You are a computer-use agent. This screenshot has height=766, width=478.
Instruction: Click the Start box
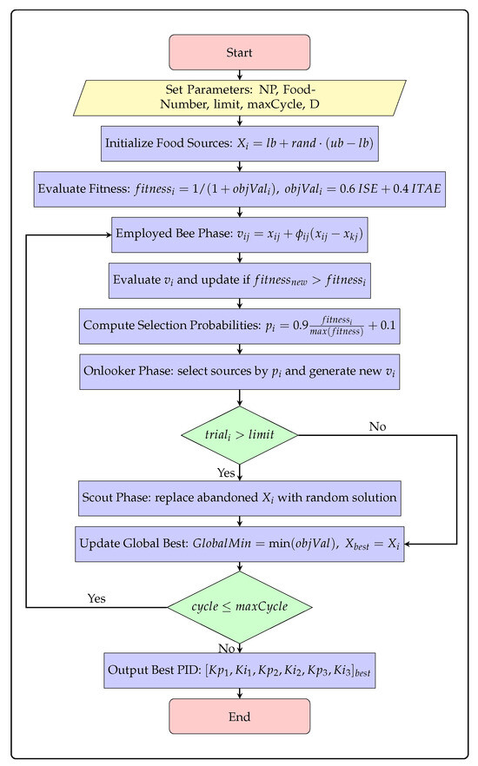point(240,52)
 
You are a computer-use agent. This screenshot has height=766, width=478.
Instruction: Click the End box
point(240,716)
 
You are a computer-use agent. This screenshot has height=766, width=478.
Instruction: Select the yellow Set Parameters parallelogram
point(240,97)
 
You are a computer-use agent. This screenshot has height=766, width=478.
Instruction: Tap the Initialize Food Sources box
point(240,143)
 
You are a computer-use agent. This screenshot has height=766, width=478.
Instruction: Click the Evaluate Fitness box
point(240,189)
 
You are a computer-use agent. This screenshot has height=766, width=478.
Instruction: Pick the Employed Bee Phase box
point(240,234)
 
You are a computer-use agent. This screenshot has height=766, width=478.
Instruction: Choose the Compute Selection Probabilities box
point(240,326)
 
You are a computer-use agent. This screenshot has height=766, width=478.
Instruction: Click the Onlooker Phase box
point(240,372)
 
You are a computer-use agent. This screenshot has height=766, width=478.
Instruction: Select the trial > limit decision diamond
point(240,435)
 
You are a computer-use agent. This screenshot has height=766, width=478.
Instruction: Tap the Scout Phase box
point(240,499)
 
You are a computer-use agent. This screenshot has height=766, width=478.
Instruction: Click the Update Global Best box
point(240,544)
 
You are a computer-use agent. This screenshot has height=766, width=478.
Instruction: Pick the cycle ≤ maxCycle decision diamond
point(240,607)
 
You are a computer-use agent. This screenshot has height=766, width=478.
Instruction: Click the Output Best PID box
point(240,670)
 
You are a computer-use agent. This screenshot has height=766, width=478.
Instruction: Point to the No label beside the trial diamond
point(377,426)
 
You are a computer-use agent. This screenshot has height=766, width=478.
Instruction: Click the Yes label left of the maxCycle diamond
point(96,598)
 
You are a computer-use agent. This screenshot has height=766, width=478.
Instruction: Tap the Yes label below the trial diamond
point(226,472)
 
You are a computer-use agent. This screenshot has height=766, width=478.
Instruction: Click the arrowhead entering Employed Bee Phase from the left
point(109,235)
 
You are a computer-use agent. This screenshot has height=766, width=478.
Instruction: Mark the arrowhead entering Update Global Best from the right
point(408,544)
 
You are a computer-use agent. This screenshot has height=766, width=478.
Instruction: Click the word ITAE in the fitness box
point(426,188)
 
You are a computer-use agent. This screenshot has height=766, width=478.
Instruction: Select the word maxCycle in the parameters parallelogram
point(275,104)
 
